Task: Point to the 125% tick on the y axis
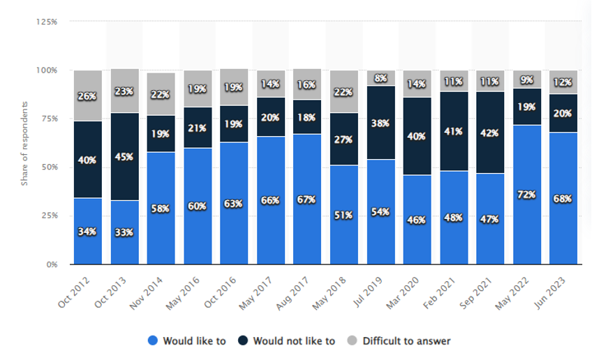47,22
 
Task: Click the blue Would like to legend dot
153,341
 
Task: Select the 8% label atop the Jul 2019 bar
381,78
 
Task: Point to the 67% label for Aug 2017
308,200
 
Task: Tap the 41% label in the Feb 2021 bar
454,130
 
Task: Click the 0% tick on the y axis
51,264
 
